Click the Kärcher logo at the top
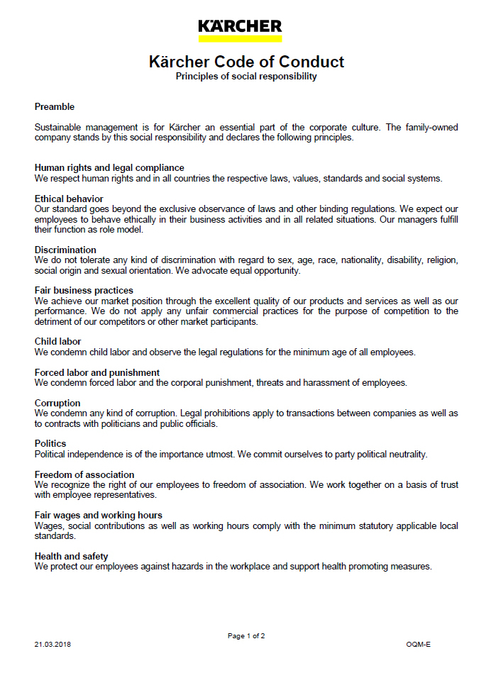pyautogui.click(x=240, y=29)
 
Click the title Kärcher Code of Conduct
pyautogui.click(x=246, y=62)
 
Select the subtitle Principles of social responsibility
pyautogui.click(x=246, y=77)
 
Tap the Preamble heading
pyautogui.click(x=55, y=107)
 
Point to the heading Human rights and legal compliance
pyautogui.click(x=109, y=168)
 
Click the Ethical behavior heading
pyautogui.click(x=69, y=199)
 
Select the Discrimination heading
pyautogui.click(x=65, y=250)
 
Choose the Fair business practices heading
pyautogui.click(x=84, y=291)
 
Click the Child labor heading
pyautogui.click(x=58, y=342)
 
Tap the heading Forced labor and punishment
pyautogui.click(x=97, y=372)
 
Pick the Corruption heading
pyautogui.click(x=57, y=404)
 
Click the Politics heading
pyautogui.click(x=50, y=444)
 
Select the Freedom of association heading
pyautogui.click(x=84, y=474)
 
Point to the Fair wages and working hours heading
pyautogui.click(x=99, y=516)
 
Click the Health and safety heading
pyautogui.click(x=72, y=557)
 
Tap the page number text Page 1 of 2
pyautogui.click(x=246, y=636)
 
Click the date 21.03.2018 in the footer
pyautogui.click(x=52, y=645)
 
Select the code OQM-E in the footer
pyautogui.click(x=419, y=645)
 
